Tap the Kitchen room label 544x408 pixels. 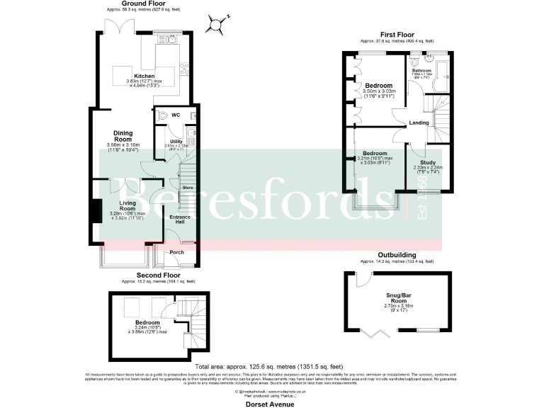coord(144,76)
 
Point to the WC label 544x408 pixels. coord(175,115)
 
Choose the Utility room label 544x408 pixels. coord(176,142)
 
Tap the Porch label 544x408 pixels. coord(177,252)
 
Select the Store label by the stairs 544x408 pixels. coord(188,188)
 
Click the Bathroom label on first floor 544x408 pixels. coord(423,70)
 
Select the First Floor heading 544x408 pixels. coord(397,33)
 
